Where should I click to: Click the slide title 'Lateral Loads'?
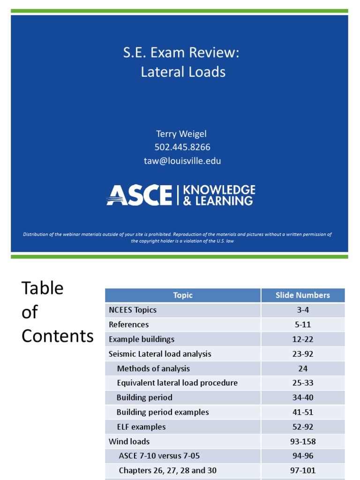(x=183, y=72)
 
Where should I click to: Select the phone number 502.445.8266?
(x=182, y=147)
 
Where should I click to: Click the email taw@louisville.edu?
(x=182, y=161)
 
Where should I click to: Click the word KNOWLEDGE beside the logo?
(x=219, y=190)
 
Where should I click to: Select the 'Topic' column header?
(x=183, y=295)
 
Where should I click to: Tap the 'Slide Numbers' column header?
(x=303, y=295)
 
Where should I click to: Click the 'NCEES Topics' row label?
(x=133, y=310)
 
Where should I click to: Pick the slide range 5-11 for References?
(x=303, y=324)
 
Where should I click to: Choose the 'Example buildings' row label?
(x=142, y=339)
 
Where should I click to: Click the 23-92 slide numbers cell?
(x=303, y=354)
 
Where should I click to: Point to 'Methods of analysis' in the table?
(x=153, y=368)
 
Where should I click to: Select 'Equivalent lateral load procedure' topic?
(x=177, y=383)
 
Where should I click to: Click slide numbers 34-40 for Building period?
(x=303, y=397)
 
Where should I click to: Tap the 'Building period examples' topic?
(x=163, y=412)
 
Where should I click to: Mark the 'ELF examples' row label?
(x=141, y=427)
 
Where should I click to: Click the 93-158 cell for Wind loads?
(x=303, y=441)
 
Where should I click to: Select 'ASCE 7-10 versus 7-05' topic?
(x=160, y=456)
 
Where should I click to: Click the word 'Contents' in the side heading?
(x=58, y=336)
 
